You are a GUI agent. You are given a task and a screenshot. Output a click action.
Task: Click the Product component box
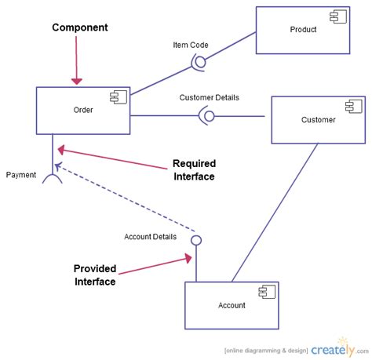[x=302, y=30]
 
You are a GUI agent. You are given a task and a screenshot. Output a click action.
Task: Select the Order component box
[x=82, y=111]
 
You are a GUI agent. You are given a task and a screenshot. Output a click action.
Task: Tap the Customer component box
[x=317, y=120]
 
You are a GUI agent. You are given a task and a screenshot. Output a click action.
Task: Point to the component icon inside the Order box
[x=119, y=96]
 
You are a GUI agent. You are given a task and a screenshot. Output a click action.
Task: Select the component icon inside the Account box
[x=267, y=291]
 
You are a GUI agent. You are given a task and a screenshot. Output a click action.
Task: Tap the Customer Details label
[x=209, y=98]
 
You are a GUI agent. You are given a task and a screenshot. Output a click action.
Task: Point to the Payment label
[x=21, y=175]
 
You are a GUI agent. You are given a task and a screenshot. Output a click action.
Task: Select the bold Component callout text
[x=80, y=27]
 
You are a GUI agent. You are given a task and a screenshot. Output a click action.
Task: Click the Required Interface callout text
[x=193, y=170]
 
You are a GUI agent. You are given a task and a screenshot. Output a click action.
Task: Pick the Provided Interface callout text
[x=95, y=275]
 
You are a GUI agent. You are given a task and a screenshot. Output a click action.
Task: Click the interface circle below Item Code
[x=199, y=61]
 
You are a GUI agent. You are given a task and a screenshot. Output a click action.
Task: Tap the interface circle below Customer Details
[x=208, y=116]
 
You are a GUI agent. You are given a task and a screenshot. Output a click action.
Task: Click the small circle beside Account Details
[x=196, y=239]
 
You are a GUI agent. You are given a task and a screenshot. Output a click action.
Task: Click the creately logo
[x=336, y=348]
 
